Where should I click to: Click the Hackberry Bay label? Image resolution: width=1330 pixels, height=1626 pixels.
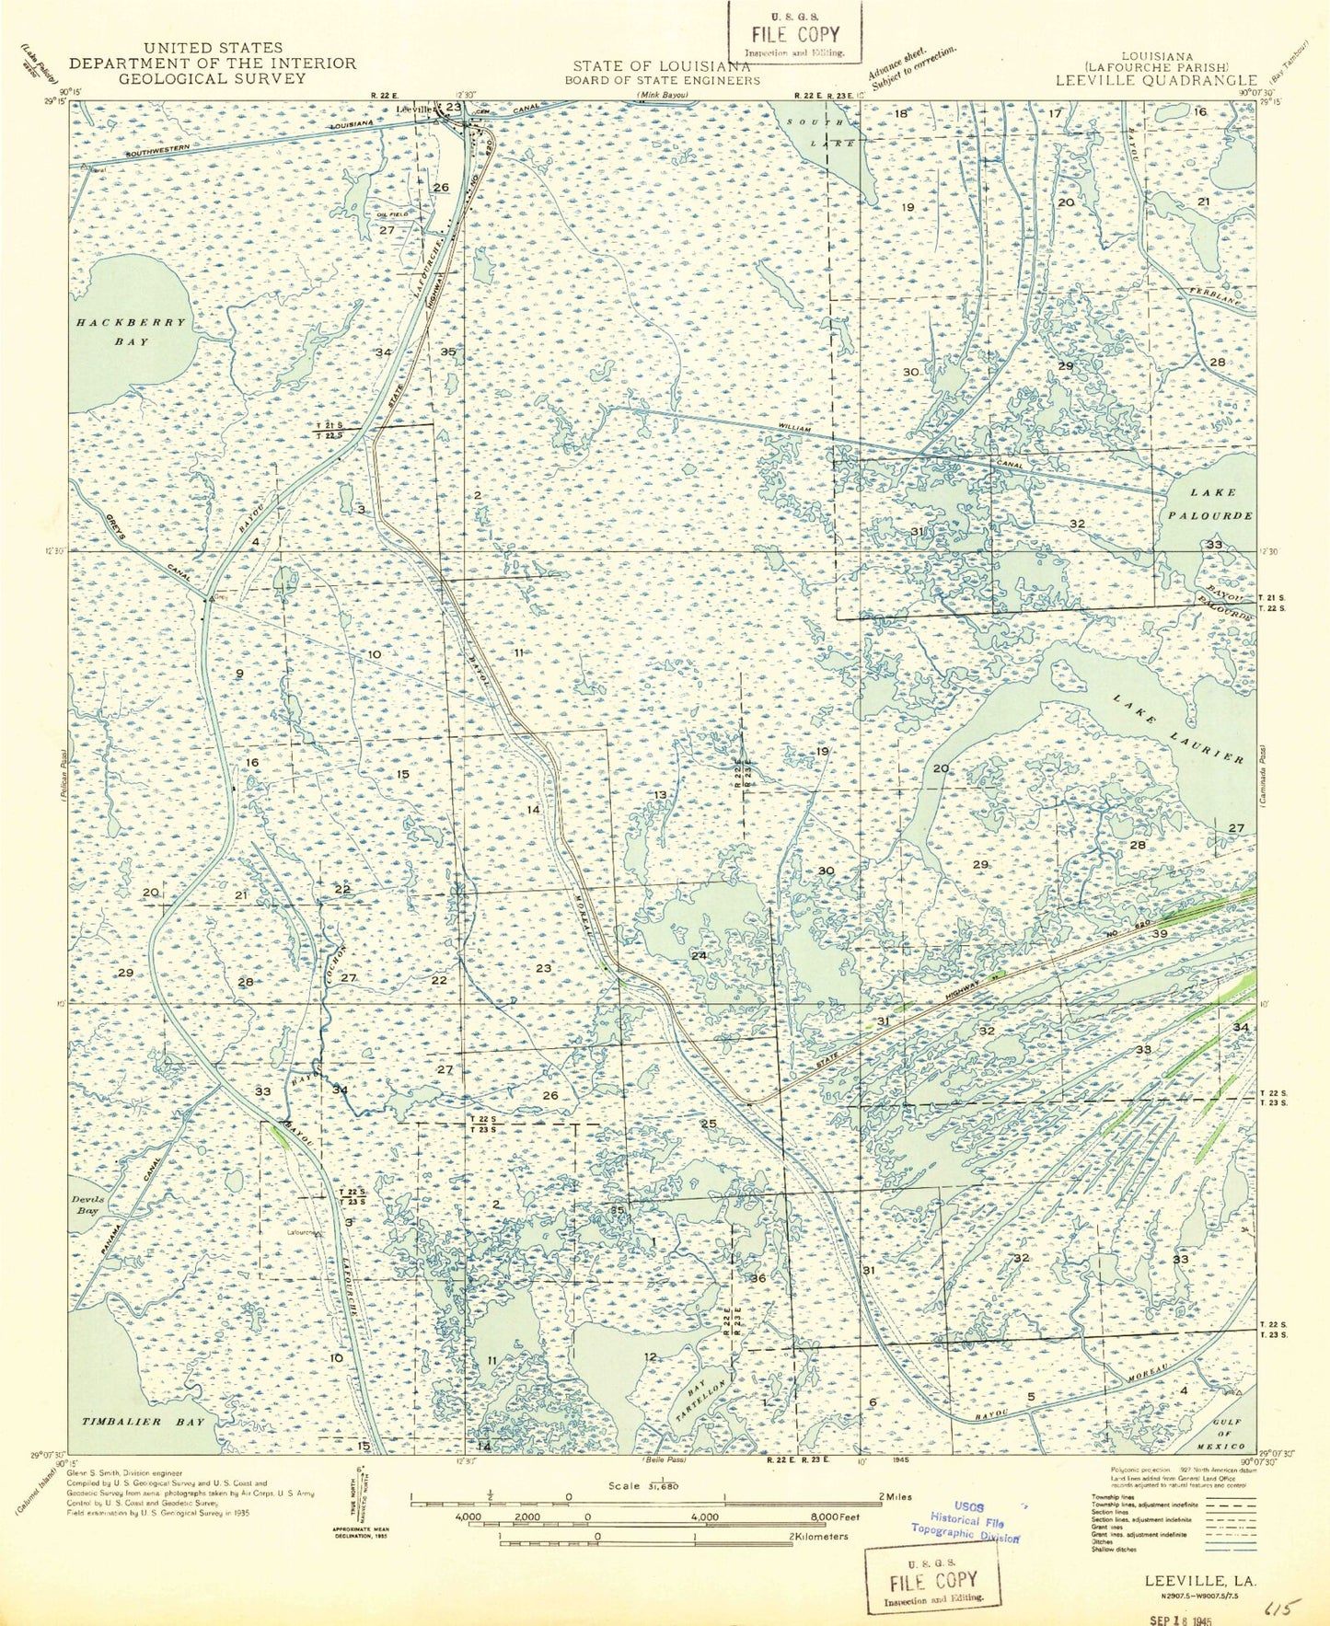[132, 332]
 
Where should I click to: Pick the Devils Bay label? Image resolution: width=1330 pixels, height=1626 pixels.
[85, 1205]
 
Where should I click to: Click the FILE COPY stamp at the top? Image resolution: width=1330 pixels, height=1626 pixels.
[795, 34]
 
